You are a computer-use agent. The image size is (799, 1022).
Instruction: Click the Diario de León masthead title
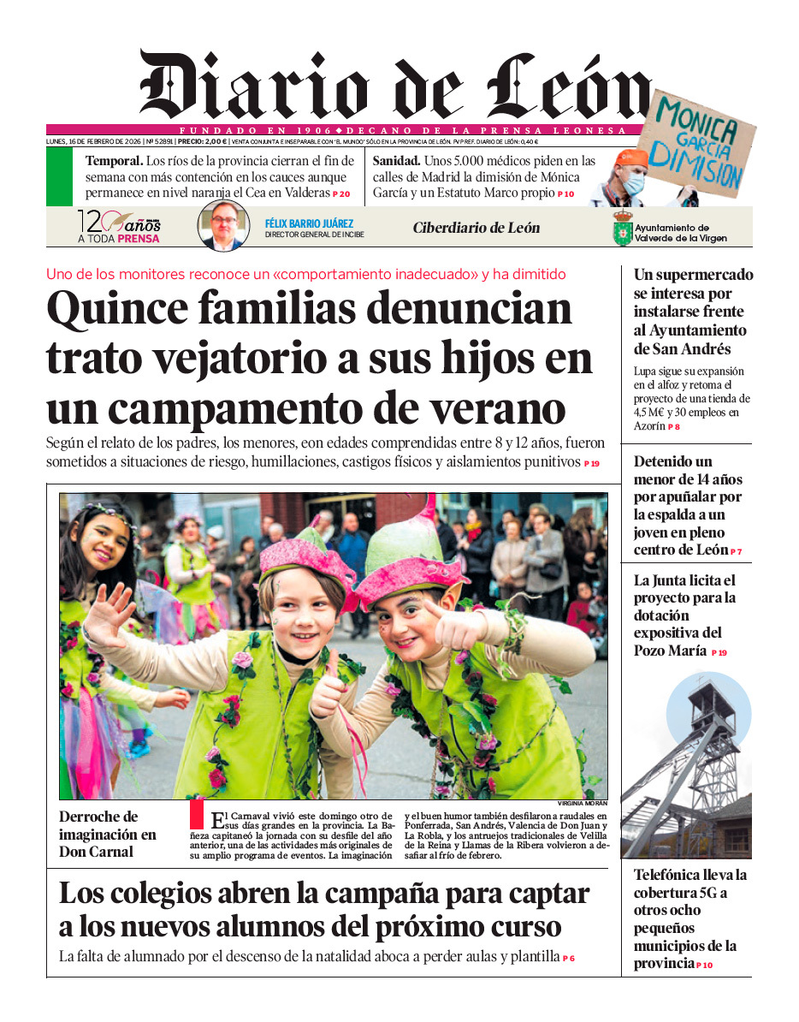[x=394, y=86]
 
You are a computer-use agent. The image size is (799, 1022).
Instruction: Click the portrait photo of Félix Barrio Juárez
[x=224, y=226]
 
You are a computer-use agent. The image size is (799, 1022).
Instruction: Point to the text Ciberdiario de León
[x=476, y=228]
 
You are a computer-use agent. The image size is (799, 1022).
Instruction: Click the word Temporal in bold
[x=113, y=160]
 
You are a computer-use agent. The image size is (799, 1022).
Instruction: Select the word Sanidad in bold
[x=396, y=160]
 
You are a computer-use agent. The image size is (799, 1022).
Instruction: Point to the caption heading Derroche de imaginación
[x=107, y=834]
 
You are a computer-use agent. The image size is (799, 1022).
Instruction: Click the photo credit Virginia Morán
[x=582, y=804]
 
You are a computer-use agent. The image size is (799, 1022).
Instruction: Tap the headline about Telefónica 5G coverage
[x=690, y=918]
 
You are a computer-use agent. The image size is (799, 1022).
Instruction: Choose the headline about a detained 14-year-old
[x=687, y=506]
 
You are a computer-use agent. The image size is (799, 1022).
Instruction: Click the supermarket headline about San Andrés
[x=693, y=312]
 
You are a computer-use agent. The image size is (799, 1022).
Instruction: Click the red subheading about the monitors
[x=305, y=275]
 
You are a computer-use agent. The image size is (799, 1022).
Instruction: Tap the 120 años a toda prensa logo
[x=119, y=228]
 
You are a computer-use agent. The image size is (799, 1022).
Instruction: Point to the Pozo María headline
[x=684, y=615]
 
